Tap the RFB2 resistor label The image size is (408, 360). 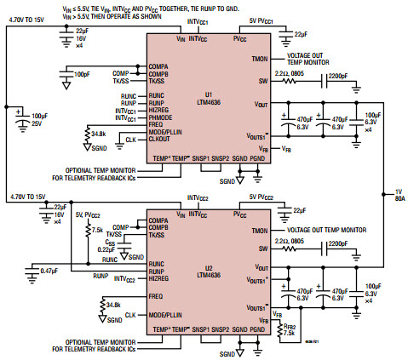click(x=290, y=326)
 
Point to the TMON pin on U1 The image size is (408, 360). click(x=259, y=58)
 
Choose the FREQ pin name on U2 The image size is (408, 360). click(x=155, y=296)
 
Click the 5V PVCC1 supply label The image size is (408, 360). click(x=261, y=20)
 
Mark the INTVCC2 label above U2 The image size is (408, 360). click(x=196, y=198)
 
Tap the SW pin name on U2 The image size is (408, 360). click(x=262, y=247)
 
